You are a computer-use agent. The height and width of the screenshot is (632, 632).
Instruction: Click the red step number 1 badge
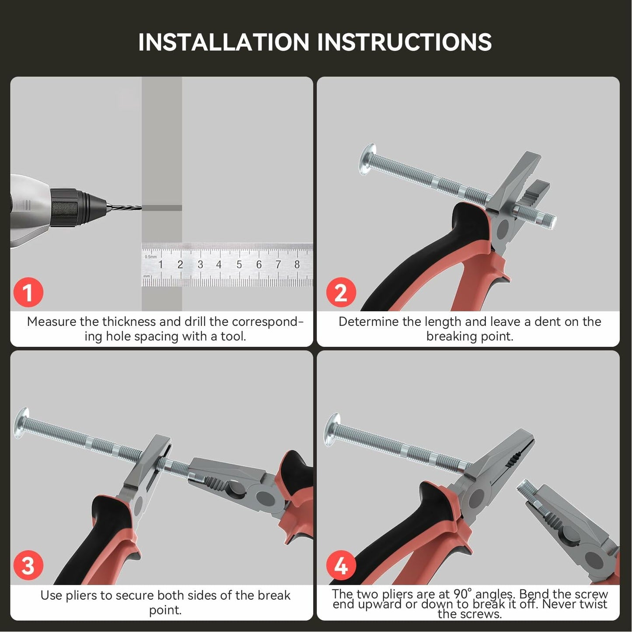28,292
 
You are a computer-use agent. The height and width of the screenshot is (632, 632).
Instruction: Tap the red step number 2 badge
341,292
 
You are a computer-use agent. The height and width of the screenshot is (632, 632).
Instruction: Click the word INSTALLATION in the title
223,42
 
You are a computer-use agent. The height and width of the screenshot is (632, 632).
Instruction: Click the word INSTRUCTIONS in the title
405,42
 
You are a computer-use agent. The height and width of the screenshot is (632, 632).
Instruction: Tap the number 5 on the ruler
239,264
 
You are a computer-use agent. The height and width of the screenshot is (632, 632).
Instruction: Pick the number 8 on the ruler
297,264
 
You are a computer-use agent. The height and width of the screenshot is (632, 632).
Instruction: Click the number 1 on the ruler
161,264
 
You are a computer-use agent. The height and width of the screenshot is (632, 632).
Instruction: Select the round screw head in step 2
367,159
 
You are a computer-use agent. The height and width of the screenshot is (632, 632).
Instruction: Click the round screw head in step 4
332,430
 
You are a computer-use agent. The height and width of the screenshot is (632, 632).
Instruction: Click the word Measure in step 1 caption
52,322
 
